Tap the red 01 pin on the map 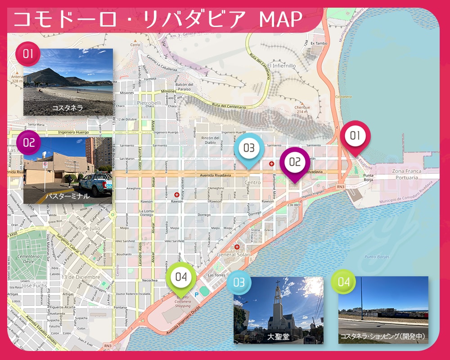355,135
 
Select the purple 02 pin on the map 295,162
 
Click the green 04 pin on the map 181,277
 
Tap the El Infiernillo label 281,66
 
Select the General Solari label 233,255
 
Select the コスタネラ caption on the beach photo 67,108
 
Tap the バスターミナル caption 67,196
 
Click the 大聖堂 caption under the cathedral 278,337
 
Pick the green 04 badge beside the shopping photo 343,282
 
